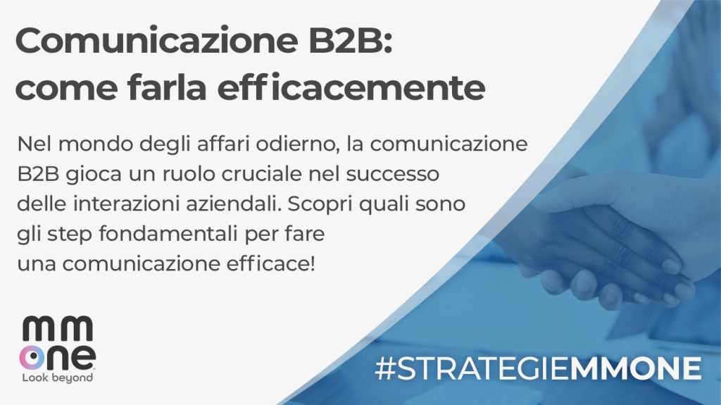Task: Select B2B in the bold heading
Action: (351, 40)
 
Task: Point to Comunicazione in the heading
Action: (156, 40)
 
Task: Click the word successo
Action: (392, 175)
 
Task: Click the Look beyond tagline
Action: (58, 378)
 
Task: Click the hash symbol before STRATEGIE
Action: (385, 368)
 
